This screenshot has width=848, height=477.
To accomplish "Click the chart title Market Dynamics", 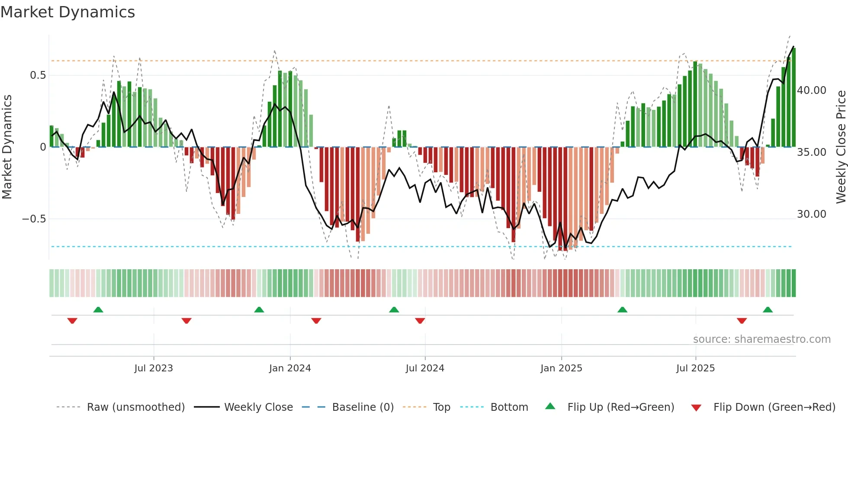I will pos(67,12).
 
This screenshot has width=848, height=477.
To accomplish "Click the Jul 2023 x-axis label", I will pos(153,368).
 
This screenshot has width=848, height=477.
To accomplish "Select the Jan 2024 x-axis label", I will pos(290,368).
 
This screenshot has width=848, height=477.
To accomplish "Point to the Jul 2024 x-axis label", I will pos(425,368).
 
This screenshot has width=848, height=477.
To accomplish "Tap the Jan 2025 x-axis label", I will pos(561,368).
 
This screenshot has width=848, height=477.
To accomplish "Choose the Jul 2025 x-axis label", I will pos(695,368).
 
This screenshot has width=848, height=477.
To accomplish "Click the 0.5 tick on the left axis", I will pos(38,75).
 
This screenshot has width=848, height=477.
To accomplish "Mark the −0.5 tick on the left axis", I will pos(34,219).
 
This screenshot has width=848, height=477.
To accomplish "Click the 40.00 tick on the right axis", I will pos(812,90).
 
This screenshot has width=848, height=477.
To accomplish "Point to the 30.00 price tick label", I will pos(812,214).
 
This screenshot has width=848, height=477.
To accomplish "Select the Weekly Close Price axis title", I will pos(841,147).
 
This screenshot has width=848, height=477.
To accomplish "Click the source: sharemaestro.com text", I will pos(761,339).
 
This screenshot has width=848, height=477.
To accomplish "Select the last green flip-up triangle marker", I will pos(768,310).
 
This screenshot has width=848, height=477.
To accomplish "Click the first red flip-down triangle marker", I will pos(72,321).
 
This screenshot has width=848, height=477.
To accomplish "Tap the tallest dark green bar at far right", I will pos(794,97).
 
